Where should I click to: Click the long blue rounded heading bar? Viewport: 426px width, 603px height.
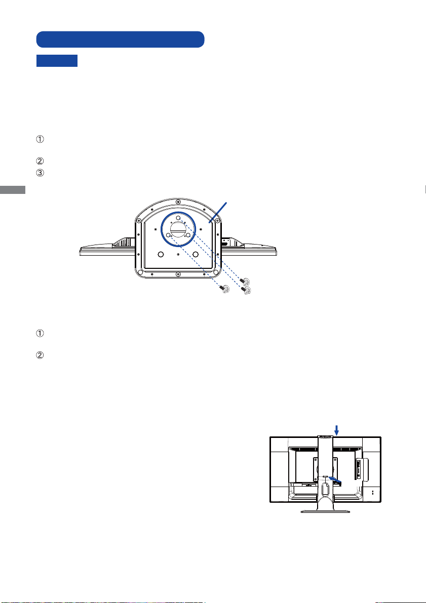click(120, 39)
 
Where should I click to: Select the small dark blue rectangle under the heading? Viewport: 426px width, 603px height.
click(57, 61)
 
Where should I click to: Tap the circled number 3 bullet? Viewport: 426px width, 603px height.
click(40, 173)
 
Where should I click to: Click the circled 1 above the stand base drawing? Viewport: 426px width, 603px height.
click(40, 139)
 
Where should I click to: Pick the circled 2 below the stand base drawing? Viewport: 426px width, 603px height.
click(40, 355)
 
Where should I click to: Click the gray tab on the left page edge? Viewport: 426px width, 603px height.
click(13, 189)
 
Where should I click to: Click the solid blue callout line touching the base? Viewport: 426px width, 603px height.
click(218, 212)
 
